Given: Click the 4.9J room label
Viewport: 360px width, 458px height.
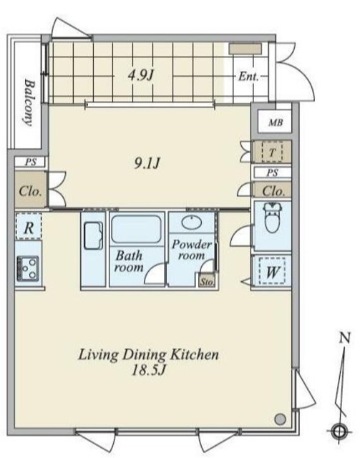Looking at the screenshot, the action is click(141, 76).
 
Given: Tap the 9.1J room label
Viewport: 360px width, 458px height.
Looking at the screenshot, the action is click(147, 163).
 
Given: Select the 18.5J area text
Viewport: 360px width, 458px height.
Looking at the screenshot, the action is click(149, 371).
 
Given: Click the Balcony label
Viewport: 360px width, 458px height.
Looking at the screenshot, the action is click(29, 102).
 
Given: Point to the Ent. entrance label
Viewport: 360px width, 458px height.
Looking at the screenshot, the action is click(248, 77).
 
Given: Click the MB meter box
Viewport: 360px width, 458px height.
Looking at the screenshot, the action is click(275, 122).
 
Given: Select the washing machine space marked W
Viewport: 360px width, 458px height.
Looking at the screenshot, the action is click(272, 271).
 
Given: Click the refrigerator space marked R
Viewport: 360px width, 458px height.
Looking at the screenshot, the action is click(29, 227).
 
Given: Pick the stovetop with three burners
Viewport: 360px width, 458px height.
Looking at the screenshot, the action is click(28, 268).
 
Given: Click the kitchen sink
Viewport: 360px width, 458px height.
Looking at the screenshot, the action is click(93, 235).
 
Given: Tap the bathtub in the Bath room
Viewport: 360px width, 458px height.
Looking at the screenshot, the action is click(136, 229).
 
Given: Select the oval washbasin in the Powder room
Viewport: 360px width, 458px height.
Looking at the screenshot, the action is click(192, 223).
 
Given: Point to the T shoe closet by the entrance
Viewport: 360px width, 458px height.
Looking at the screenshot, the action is click(272, 152).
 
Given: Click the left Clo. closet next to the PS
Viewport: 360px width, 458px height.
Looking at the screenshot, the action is click(30, 190).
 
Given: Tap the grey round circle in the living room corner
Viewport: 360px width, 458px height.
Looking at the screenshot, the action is click(280, 419).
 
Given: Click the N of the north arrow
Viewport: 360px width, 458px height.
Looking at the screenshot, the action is click(345, 338).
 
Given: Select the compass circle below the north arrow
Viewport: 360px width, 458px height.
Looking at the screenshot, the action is click(339, 431).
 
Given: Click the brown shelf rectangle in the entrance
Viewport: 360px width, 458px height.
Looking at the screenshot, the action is click(245, 49).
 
